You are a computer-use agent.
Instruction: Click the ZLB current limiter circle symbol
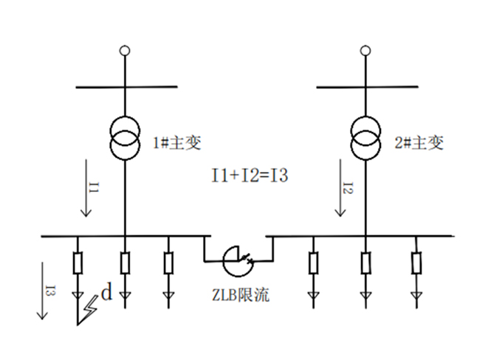(x=238, y=259)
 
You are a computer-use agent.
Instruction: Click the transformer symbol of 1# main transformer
(x=125, y=139)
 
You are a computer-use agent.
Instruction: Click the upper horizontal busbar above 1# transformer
(x=126, y=87)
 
